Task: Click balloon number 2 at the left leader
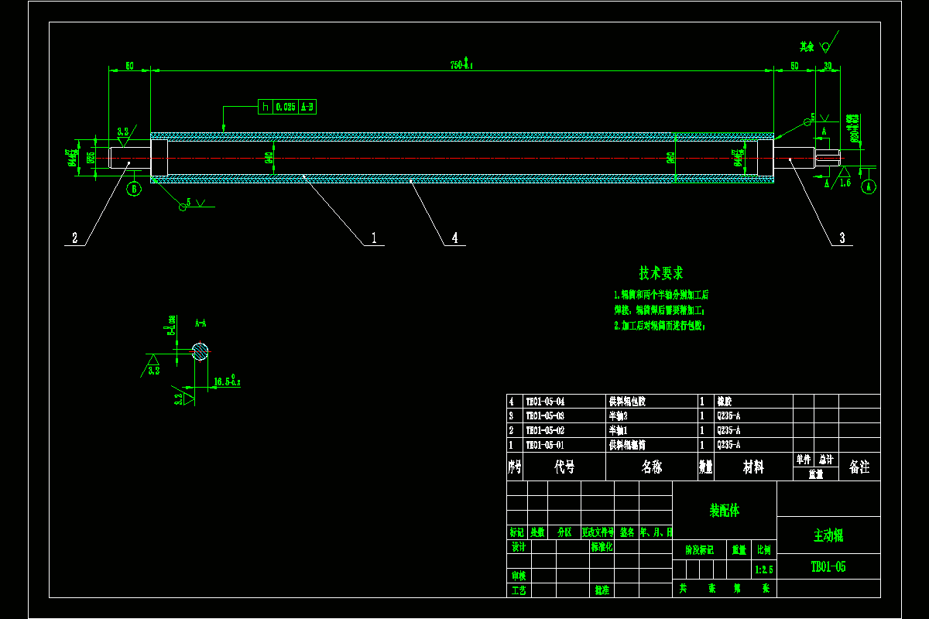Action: [x=75, y=238]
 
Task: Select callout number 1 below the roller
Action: [x=374, y=238]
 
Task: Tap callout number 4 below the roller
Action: [x=454, y=238]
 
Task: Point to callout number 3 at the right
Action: [x=842, y=238]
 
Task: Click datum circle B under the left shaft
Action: [x=134, y=188]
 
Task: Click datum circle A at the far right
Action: [x=869, y=186]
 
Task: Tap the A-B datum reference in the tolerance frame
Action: [x=307, y=107]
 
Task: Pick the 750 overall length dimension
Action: [x=461, y=65]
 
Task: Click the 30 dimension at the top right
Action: [x=828, y=66]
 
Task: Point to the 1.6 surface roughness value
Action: [x=845, y=183]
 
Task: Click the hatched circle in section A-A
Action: [x=201, y=351]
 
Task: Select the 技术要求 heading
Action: [x=660, y=273]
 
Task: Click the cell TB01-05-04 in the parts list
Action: [x=545, y=402]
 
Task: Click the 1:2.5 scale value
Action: [x=763, y=569]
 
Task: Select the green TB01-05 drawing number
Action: [x=828, y=567]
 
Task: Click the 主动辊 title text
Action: [x=828, y=535]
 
